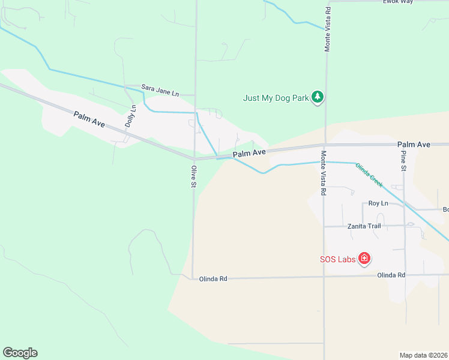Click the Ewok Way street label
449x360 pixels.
(399, 2)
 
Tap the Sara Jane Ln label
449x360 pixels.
(160, 90)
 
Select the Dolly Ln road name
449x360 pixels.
(130, 116)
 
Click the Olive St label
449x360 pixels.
(193, 176)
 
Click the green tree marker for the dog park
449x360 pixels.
(318, 97)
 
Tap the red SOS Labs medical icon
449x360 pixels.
(364, 259)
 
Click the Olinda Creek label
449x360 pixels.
(369, 173)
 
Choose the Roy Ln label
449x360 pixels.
(378, 204)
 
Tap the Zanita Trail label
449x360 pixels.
(364, 226)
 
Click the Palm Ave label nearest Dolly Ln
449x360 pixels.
(89, 119)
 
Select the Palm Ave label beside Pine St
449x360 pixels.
(414, 145)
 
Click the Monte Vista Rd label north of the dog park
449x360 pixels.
(328, 29)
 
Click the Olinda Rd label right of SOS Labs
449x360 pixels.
(391, 275)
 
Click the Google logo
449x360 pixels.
(20, 353)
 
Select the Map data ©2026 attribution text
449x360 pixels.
(423, 355)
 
